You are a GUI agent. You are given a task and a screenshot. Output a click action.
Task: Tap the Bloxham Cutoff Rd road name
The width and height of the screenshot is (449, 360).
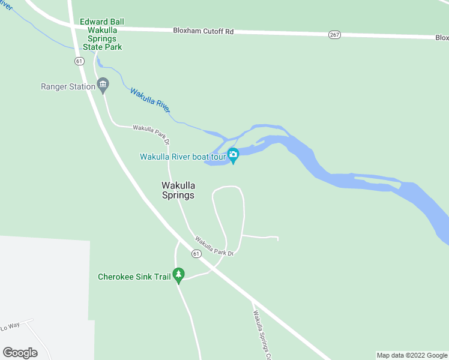pyautogui.click(x=203, y=31)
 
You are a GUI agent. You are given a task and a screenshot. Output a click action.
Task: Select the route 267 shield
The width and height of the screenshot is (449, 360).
pyautogui.click(x=334, y=35)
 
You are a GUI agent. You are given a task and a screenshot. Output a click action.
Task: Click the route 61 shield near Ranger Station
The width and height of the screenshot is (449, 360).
pyautogui.click(x=79, y=61)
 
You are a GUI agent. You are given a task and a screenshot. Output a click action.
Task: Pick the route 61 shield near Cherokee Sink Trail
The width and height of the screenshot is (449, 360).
pyautogui.click(x=196, y=254)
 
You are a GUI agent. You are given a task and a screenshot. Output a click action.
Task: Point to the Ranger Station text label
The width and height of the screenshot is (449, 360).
pyautogui.click(x=68, y=86)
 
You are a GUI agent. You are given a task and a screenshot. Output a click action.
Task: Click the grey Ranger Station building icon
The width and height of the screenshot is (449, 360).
pyautogui.click(x=103, y=86)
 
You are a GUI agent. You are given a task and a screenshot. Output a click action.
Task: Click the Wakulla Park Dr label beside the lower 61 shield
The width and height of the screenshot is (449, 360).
pyautogui.click(x=213, y=245)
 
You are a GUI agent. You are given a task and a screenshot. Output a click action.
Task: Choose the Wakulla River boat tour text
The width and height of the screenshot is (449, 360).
pyautogui.click(x=182, y=157)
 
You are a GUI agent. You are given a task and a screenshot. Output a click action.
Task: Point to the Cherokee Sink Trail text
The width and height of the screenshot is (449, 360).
pyautogui.click(x=134, y=277)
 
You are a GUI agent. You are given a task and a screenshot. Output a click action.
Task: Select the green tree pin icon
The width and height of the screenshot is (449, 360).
pyautogui.click(x=178, y=275)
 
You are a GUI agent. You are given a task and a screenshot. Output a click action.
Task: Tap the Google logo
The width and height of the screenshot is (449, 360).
pyautogui.click(x=20, y=353)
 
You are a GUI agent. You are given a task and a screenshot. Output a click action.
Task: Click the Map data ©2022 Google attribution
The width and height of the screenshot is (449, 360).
pyautogui.click(x=411, y=355)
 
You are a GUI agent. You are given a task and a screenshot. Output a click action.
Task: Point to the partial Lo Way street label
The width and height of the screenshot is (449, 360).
pyautogui.click(x=10, y=328)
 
